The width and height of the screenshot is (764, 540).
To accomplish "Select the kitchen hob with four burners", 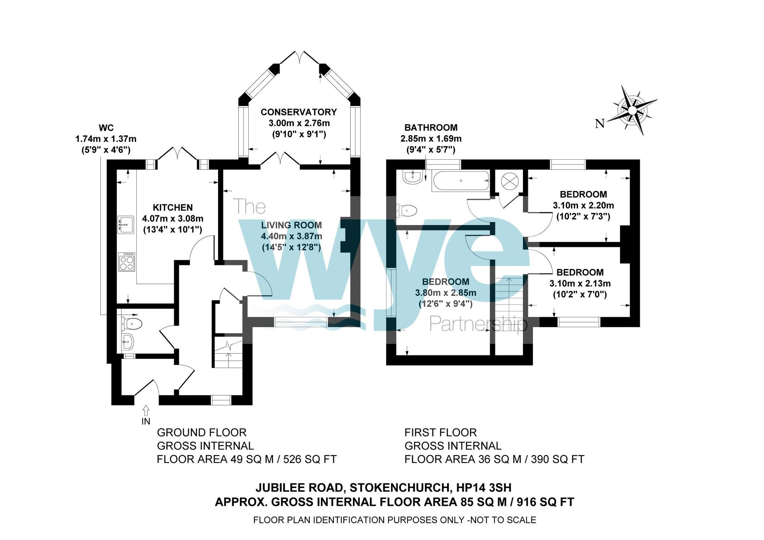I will (x=127, y=262).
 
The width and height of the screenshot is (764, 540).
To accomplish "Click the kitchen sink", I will (x=126, y=224).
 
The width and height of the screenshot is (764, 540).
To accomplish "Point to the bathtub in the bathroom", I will (x=460, y=181).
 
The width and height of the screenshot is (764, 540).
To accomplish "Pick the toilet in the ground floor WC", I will (x=132, y=323).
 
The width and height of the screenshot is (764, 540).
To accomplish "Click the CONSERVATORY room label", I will (x=299, y=112).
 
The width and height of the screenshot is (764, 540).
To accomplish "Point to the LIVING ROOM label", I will (x=291, y=225).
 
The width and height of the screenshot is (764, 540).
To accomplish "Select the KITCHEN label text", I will (x=173, y=208).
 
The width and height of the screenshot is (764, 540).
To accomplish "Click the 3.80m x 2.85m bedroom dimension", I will (x=446, y=293).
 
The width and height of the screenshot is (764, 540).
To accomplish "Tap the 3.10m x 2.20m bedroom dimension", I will (x=583, y=205).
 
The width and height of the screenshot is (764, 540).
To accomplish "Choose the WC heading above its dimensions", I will (x=106, y=128).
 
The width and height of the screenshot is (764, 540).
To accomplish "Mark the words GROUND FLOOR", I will (x=202, y=433).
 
